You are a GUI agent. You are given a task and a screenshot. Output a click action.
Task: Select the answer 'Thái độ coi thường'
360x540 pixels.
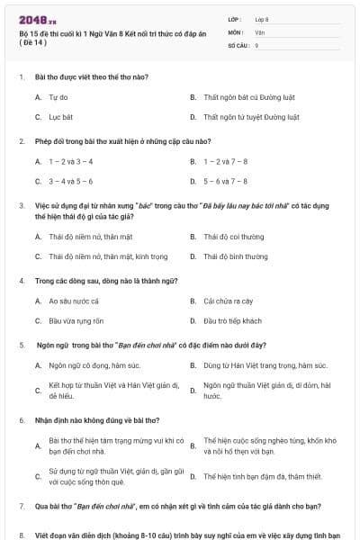pos(233,237)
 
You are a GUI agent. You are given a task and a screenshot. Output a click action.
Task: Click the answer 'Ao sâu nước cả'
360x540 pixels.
pos(73,301)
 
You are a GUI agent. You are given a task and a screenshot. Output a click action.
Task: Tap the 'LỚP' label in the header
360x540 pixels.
pos(235,18)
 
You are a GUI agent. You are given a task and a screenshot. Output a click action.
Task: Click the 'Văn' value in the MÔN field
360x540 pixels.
pos(260,31)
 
